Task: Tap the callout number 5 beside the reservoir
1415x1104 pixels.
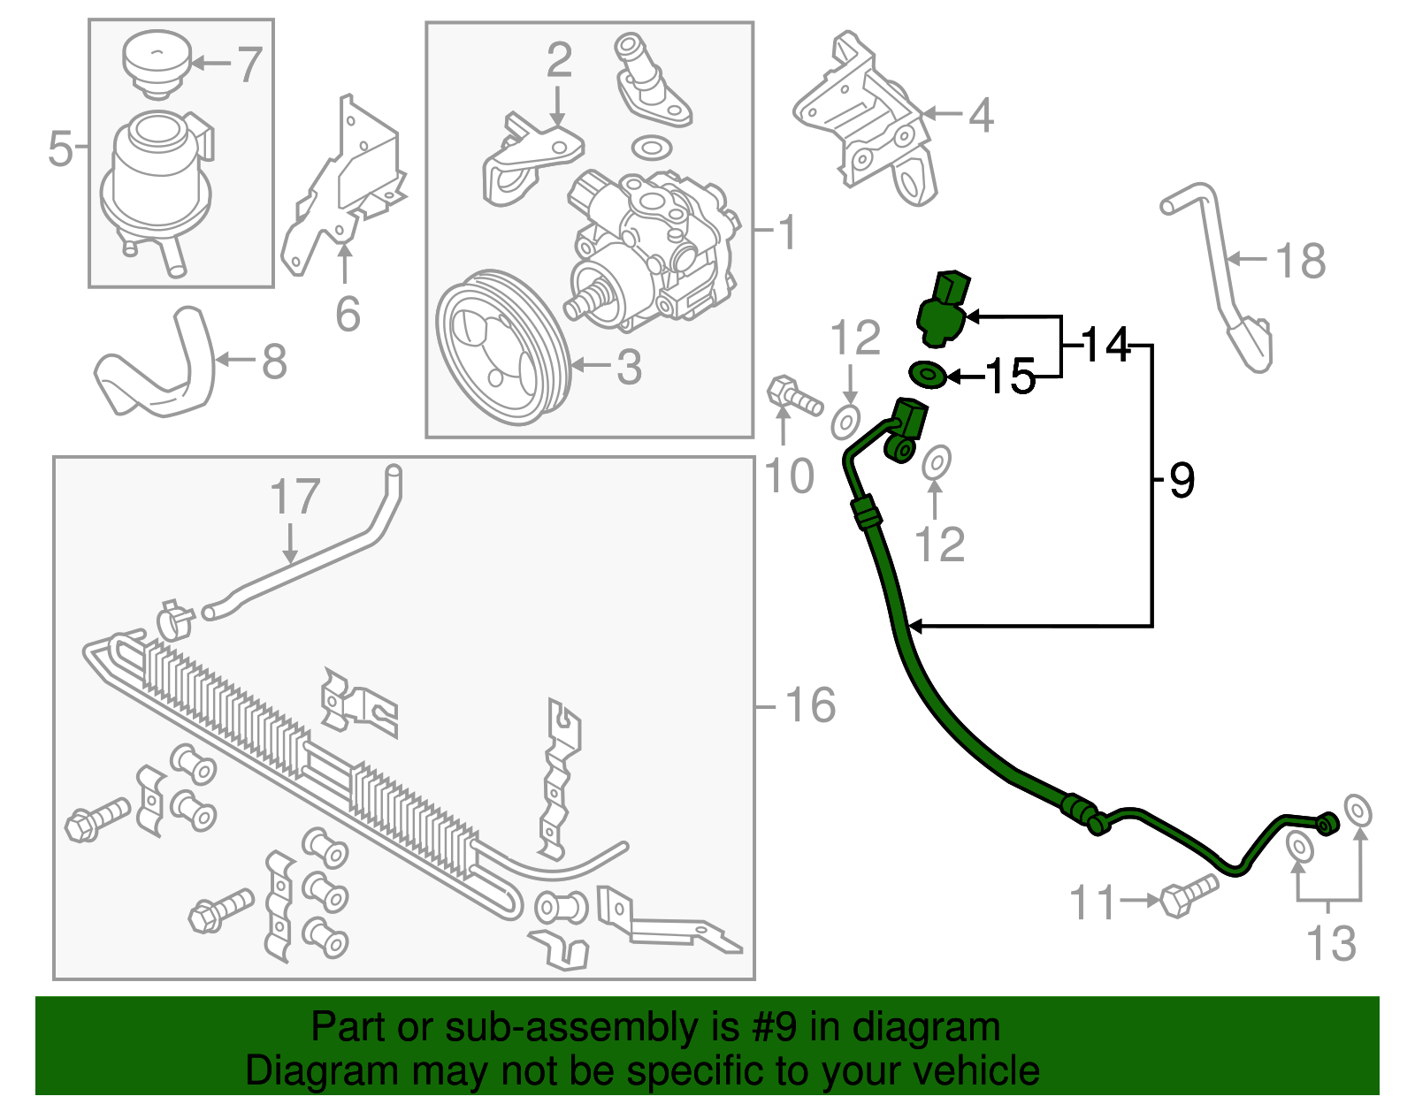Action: [x=60, y=148]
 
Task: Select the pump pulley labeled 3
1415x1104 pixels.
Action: [x=501, y=346]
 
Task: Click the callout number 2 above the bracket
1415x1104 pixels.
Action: [x=558, y=60]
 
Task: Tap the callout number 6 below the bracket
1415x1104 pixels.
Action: [x=348, y=314]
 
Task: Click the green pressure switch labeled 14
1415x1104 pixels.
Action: [x=943, y=309]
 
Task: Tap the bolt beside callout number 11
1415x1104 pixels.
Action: [x=1187, y=895]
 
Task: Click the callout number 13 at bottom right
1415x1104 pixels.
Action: [x=1331, y=943]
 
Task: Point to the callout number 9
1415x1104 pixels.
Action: [x=1182, y=480]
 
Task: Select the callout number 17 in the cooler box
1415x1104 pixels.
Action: [x=294, y=497]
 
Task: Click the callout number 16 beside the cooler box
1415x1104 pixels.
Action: [x=810, y=705]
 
